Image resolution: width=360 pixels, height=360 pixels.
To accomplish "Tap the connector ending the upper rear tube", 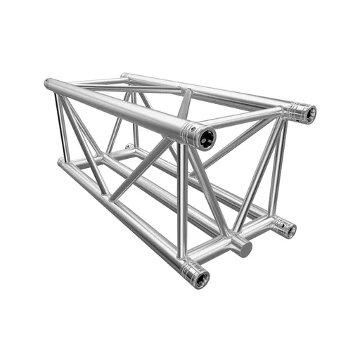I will (x=304, y=112).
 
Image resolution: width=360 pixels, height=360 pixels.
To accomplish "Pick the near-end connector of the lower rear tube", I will (x=285, y=229).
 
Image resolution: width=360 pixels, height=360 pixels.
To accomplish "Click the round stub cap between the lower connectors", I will (x=244, y=247).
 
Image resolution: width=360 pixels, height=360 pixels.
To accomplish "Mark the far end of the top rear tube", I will (x=124, y=75).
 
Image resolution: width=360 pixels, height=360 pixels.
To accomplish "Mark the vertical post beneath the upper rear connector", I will (x=280, y=169).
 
